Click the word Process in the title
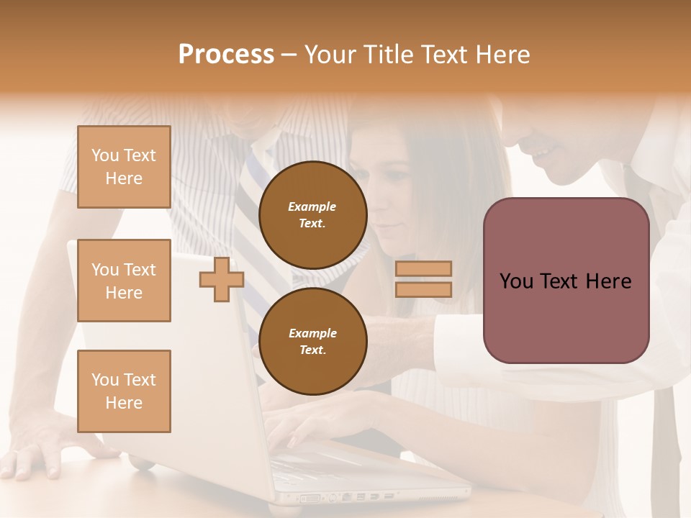[226, 55]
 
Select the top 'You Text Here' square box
[124, 167]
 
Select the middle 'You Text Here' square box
[124, 281]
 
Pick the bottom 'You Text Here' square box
[124, 391]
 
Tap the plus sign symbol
[221, 279]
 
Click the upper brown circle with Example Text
[312, 214]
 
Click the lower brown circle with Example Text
[312, 341]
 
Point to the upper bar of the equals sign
[423, 268]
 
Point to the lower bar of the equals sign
[423, 289]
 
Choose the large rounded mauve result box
[566, 317]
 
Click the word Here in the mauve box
[608, 281]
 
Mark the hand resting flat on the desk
[36, 453]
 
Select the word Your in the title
[330, 55]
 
